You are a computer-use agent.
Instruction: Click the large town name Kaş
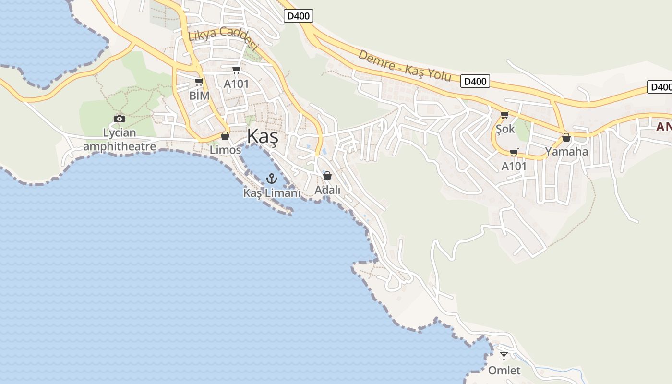pos(263,137)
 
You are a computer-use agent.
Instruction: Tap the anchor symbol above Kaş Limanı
pos(272,179)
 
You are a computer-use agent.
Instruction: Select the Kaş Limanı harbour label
pos(272,193)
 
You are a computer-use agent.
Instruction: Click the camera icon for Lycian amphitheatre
pos(120,119)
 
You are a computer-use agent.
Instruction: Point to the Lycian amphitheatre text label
pos(120,139)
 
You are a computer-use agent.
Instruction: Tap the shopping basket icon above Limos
pos(225,136)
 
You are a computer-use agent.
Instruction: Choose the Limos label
pos(225,150)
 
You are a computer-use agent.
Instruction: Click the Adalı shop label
pos(327,190)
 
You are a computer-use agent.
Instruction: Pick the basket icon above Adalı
pos(327,176)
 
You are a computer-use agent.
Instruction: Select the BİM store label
pos(199,96)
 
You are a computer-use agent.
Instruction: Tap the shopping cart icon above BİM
pos(199,82)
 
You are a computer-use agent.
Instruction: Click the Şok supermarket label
pos(505,129)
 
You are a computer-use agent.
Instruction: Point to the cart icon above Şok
pos(504,115)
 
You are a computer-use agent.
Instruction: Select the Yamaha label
pos(566,152)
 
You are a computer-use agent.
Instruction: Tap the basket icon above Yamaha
pos(566,138)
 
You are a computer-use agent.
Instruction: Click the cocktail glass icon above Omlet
pos(504,356)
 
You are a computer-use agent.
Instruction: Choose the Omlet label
pos(504,371)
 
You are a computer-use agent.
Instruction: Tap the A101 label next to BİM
pos(236,84)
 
